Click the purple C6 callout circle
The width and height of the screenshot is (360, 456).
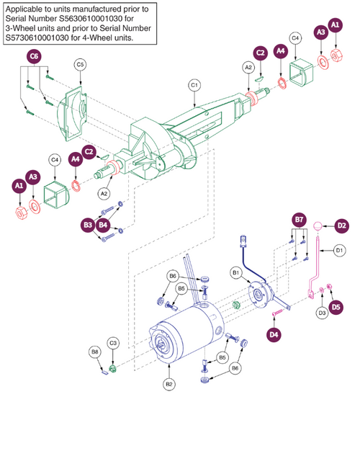(33, 55)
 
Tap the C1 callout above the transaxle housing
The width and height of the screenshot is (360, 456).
(194, 86)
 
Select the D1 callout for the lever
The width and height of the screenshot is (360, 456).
(338, 250)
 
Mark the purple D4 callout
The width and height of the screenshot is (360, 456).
(274, 334)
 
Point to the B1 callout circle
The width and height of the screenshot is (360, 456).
(236, 274)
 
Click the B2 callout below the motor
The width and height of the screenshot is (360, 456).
(169, 385)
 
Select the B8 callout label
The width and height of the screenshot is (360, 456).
(95, 352)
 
